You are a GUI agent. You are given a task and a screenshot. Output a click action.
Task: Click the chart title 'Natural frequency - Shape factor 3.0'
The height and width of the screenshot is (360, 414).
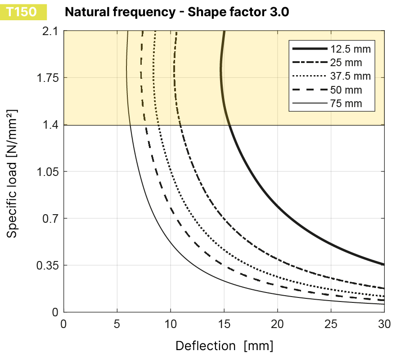click(x=176, y=12)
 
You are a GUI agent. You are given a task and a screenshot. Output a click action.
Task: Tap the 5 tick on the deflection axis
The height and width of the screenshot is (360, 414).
click(x=117, y=324)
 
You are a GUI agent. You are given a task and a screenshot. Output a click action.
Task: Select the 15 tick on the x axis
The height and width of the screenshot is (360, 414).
click(x=224, y=324)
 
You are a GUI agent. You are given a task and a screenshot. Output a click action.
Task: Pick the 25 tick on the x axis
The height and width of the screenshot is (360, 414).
click(x=331, y=324)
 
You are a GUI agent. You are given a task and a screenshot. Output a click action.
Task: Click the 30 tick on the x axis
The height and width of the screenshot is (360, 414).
click(x=384, y=324)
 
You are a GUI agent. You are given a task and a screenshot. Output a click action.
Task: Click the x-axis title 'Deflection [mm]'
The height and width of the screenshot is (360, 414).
click(x=224, y=346)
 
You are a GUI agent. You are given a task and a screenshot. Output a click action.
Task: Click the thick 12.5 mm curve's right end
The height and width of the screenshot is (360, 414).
click(x=383, y=264)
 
